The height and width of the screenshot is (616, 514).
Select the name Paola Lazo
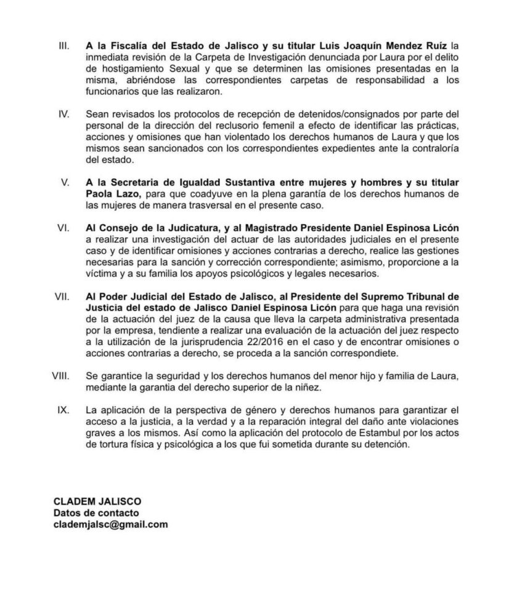coord(110,194)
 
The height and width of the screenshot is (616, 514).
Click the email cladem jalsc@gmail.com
coord(110,525)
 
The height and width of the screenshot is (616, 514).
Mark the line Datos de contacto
coord(96,513)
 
